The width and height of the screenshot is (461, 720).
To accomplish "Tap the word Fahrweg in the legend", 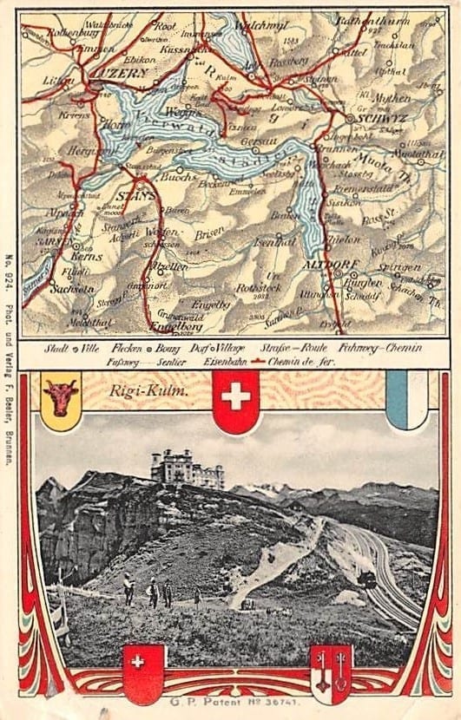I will coord(347,347).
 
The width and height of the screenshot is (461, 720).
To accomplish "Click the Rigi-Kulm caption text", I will coord(138,390).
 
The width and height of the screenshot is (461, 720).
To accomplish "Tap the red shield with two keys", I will coord(331,672).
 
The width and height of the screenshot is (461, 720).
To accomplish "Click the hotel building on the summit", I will coord(188,468).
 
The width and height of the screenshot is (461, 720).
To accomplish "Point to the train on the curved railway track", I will coord(366,579).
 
